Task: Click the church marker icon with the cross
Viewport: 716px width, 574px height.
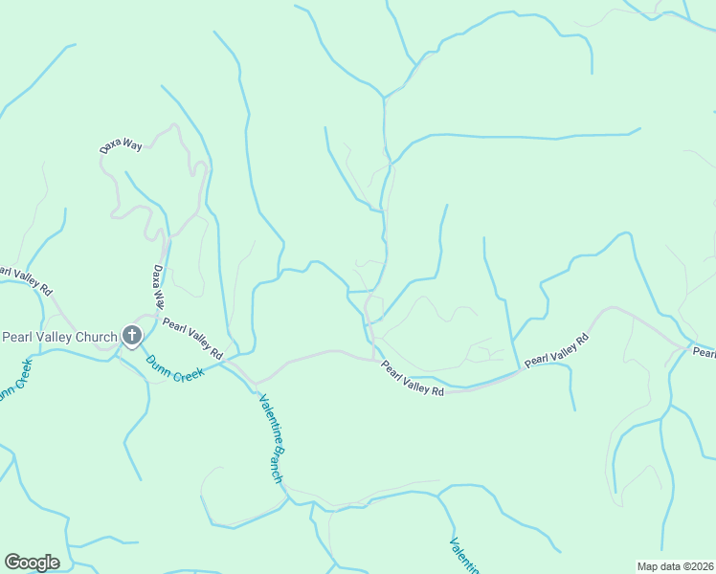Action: click(x=132, y=336)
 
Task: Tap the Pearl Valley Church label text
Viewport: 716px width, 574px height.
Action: click(x=59, y=337)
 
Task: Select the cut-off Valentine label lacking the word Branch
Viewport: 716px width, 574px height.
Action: click(x=464, y=555)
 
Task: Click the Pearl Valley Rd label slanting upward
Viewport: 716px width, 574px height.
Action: click(x=556, y=350)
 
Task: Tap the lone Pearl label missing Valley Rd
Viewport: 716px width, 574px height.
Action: click(x=705, y=353)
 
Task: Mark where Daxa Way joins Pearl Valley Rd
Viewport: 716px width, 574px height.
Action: click(x=158, y=316)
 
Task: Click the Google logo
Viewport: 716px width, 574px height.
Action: click(x=32, y=563)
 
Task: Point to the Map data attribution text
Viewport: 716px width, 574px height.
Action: click(x=676, y=566)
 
